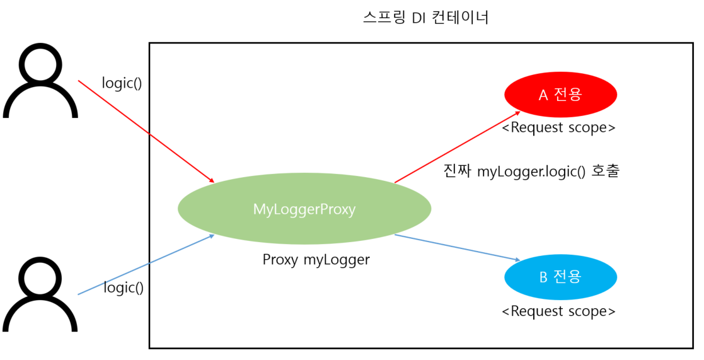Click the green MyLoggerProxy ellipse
pyautogui.click(x=304, y=209)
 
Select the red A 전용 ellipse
pyautogui.click(x=560, y=95)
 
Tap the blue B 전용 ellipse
pyautogui.click(x=560, y=277)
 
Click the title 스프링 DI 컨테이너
pyautogui.click(x=426, y=18)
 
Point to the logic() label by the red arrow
pyautogui.click(x=122, y=83)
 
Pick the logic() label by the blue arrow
pyautogui.click(x=124, y=287)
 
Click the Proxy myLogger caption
pyautogui.click(x=316, y=259)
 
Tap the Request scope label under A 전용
pyautogui.click(x=558, y=127)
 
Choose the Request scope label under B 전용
pyautogui.click(x=558, y=311)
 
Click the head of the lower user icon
pyautogui.click(x=40, y=277)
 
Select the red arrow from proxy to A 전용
pyautogui.click(x=458, y=148)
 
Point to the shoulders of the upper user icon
pyautogui.click(x=40, y=104)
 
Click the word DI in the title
pyautogui.click(x=419, y=18)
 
